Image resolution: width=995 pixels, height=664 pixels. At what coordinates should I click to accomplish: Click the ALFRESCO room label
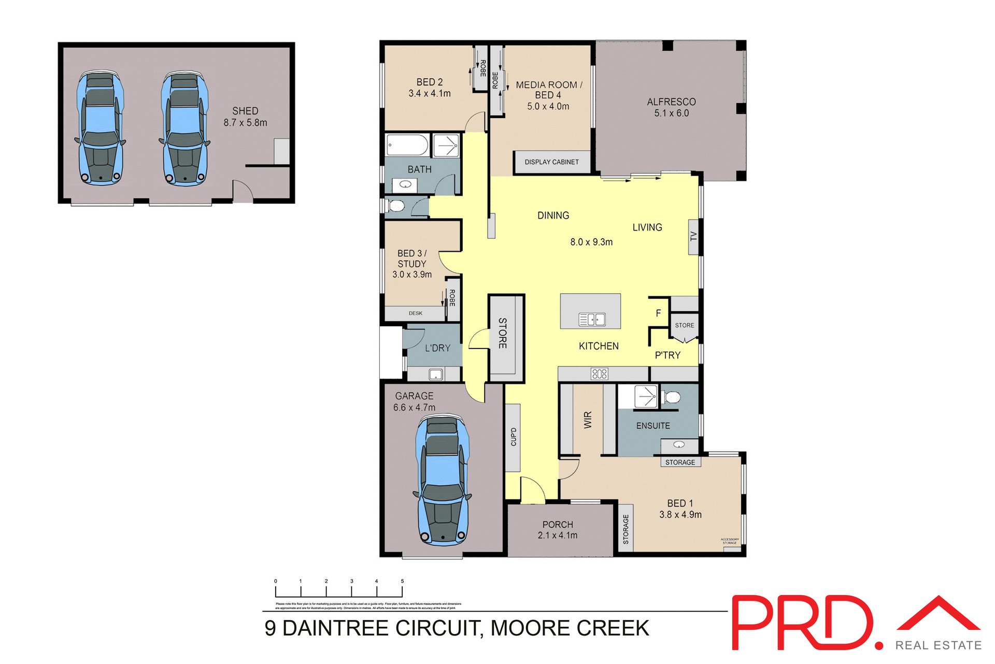click(x=671, y=102)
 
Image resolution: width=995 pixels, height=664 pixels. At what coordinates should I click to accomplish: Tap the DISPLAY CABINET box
click(x=551, y=162)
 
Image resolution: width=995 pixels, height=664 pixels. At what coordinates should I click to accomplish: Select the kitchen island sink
click(x=592, y=320)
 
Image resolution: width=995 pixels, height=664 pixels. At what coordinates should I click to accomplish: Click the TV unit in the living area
click(x=693, y=237)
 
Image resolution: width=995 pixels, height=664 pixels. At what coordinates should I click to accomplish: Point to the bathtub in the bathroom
click(x=407, y=145)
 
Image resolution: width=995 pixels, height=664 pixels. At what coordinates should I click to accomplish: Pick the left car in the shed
click(x=101, y=128)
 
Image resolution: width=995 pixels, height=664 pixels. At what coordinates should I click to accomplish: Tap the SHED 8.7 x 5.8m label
click(x=245, y=117)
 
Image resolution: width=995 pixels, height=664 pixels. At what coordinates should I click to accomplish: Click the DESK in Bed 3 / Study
click(x=415, y=313)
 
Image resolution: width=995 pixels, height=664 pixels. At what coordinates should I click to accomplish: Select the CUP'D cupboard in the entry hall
click(x=513, y=437)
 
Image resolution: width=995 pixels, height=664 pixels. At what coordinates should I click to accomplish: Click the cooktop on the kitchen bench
click(x=599, y=374)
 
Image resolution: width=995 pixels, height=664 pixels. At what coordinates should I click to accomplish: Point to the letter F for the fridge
click(x=658, y=313)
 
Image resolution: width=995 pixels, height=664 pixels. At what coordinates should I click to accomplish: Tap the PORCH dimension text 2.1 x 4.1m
click(x=557, y=536)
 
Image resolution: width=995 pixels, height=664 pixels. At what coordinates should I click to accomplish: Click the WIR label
click(x=588, y=420)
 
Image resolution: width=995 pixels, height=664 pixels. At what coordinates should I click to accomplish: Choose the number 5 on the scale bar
click(x=402, y=581)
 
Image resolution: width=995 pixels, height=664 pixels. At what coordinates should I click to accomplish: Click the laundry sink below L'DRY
click(x=435, y=374)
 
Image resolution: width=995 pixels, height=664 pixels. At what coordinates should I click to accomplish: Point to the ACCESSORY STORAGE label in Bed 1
click(x=729, y=541)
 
